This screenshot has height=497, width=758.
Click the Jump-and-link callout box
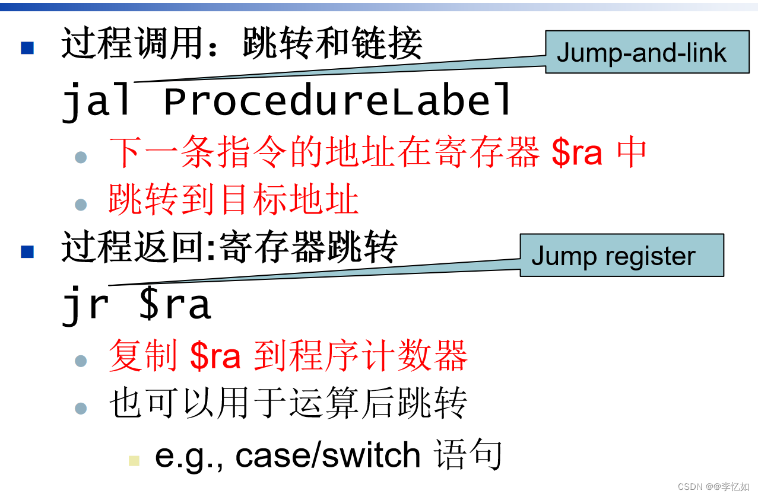[x=646, y=53]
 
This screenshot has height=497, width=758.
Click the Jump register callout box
[x=621, y=256]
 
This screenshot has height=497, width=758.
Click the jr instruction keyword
[x=85, y=304]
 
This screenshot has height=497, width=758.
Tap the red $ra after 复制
[x=215, y=356]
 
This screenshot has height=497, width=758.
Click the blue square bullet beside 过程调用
[x=27, y=48]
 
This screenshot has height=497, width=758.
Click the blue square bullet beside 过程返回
[x=27, y=251]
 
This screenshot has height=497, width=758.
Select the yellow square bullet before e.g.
[x=134, y=460]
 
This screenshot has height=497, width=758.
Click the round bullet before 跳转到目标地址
[x=81, y=205]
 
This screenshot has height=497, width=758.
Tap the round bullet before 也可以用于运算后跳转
[x=81, y=408]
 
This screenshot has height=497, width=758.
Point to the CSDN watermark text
[x=713, y=486]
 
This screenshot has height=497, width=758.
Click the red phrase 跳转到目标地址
[x=234, y=200]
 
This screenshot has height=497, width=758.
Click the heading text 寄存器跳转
[x=308, y=247]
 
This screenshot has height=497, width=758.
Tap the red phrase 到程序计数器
[x=361, y=356]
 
